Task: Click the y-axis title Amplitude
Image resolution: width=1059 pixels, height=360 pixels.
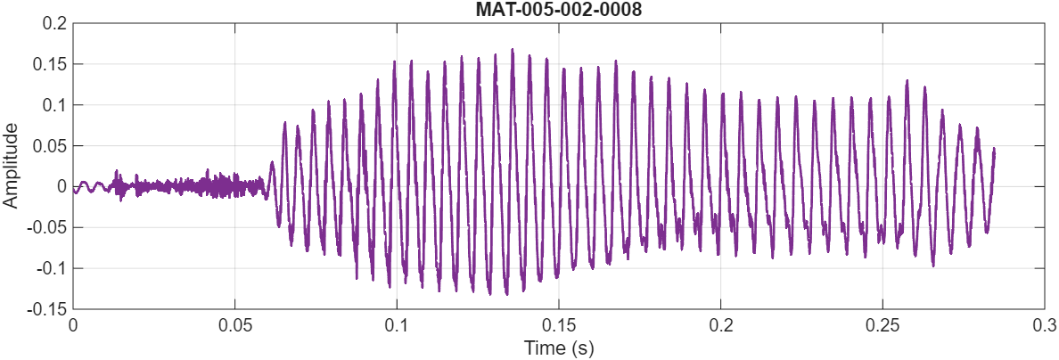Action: [12, 166]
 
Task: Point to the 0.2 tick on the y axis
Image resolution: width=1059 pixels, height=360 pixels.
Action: [54, 24]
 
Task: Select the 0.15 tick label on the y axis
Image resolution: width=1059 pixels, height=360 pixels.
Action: [51, 65]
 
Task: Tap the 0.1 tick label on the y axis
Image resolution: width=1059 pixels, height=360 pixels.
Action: [54, 105]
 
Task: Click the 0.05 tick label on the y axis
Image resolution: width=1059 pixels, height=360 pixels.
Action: [51, 146]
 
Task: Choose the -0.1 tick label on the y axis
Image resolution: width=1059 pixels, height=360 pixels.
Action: [52, 268]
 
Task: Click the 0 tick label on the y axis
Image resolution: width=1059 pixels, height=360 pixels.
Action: [62, 186]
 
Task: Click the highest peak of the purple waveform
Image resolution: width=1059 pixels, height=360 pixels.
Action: [513, 50]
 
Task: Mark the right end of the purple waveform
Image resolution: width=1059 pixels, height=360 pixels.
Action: [994, 150]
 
